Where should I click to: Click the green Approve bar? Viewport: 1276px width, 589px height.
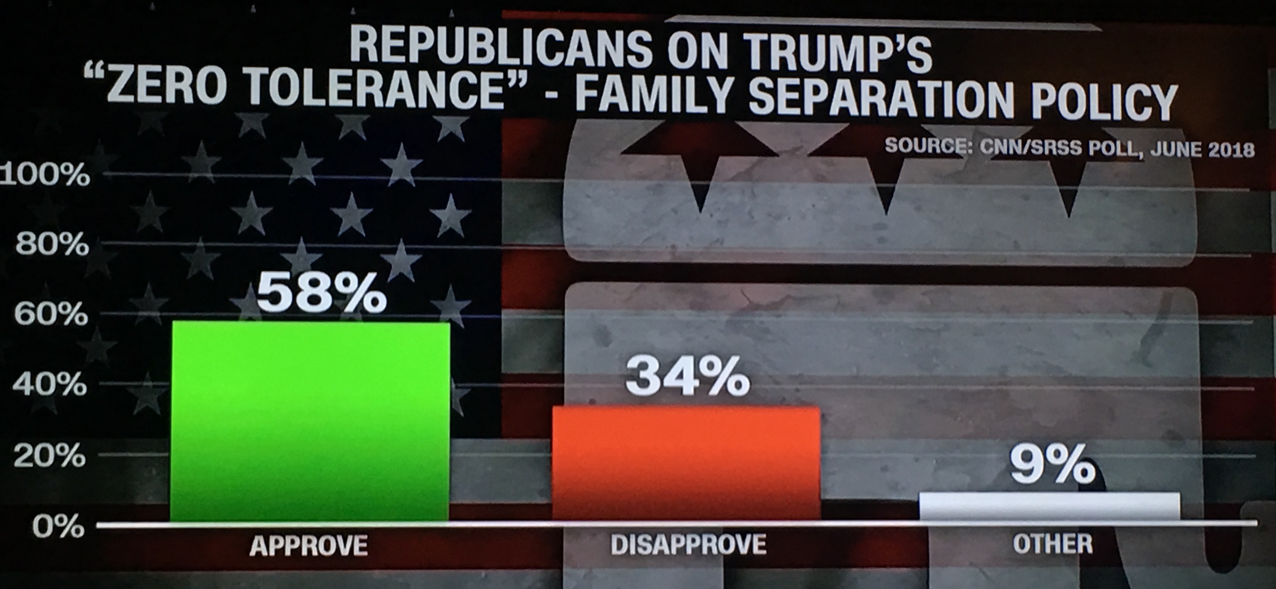(310, 421)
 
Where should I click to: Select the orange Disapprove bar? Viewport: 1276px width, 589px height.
(686, 463)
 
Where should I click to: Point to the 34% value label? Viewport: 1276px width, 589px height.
(688, 378)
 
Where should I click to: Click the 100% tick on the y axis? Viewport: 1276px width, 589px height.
(46, 174)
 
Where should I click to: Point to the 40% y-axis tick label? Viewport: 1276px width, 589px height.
(50, 384)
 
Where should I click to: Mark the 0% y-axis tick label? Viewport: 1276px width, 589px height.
(59, 527)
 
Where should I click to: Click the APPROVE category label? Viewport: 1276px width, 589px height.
(309, 545)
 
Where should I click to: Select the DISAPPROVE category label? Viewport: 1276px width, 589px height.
(688, 544)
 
